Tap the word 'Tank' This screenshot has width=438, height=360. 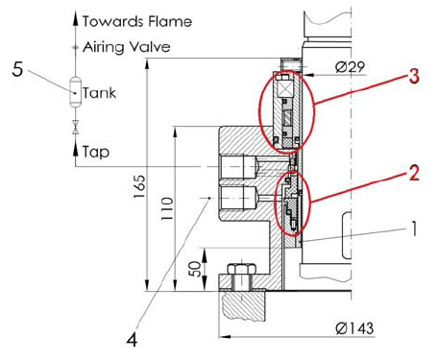100,94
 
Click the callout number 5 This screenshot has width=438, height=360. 17,69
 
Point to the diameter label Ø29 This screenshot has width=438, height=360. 349,67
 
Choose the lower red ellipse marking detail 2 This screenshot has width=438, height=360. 292,202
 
